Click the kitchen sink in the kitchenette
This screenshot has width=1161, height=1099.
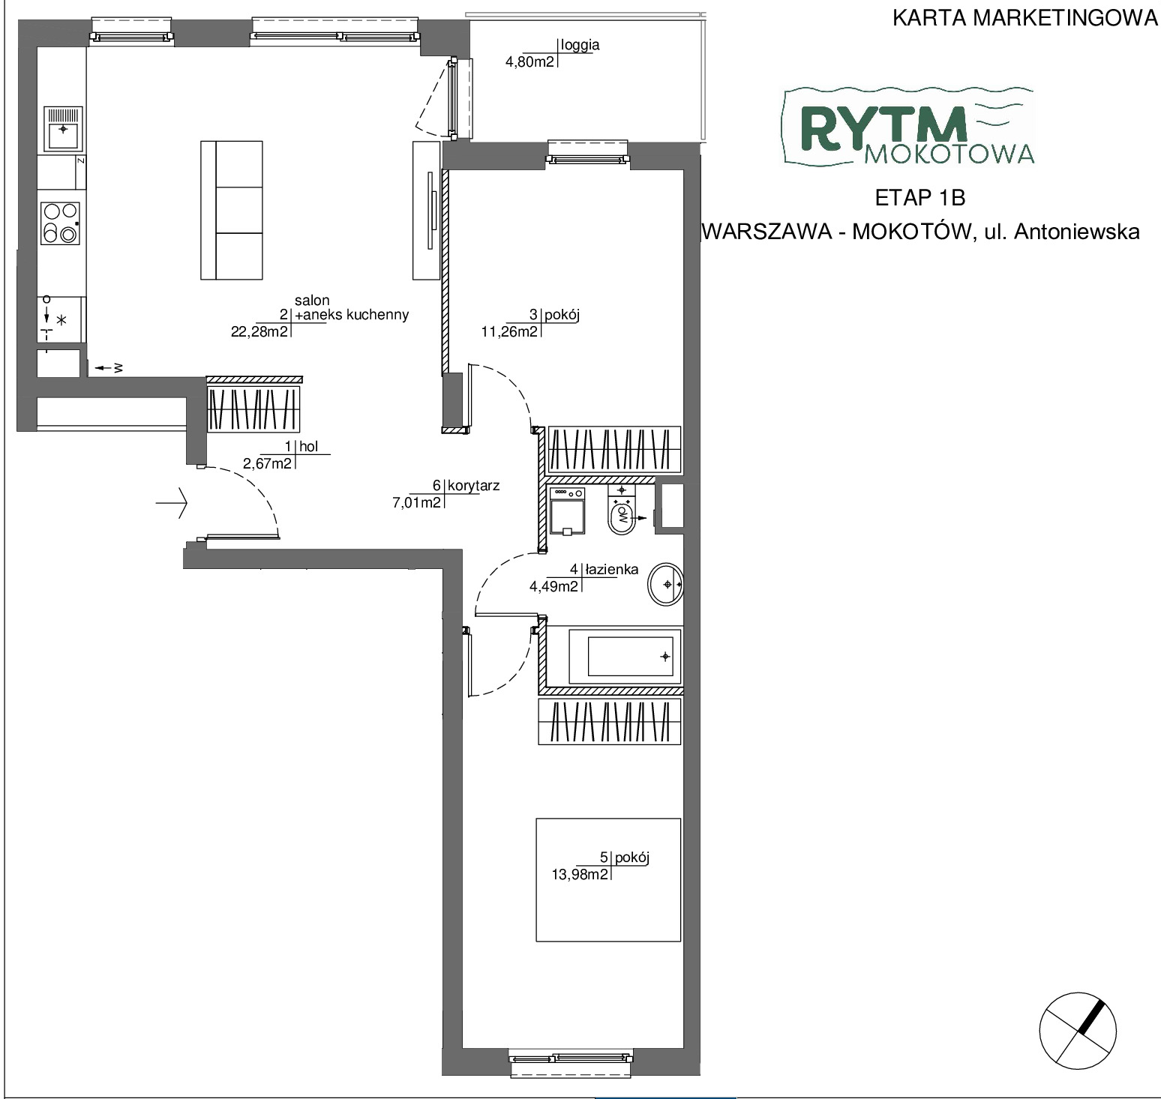pyautogui.click(x=64, y=130)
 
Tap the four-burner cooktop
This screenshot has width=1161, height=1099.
pyautogui.click(x=61, y=223)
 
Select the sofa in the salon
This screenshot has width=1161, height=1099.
pyautogui.click(x=232, y=210)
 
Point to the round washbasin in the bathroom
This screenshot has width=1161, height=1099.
pyautogui.click(x=666, y=583)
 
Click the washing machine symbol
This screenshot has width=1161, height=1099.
pyautogui.click(x=567, y=510)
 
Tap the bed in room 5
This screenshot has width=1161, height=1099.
pyautogui.click(x=608, y=879)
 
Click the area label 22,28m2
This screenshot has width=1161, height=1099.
pyautogui.click(x=259, y=332)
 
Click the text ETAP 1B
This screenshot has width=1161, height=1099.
pyautogui.click(x=919, y=198)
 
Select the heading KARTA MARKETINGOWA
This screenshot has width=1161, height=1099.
pyautogui.click(x=1025, y=18)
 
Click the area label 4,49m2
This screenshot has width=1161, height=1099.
pyautogui.click(x=554, y=587)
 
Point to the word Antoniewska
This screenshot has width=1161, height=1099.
pyautogui.click(x=1077, y=232)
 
